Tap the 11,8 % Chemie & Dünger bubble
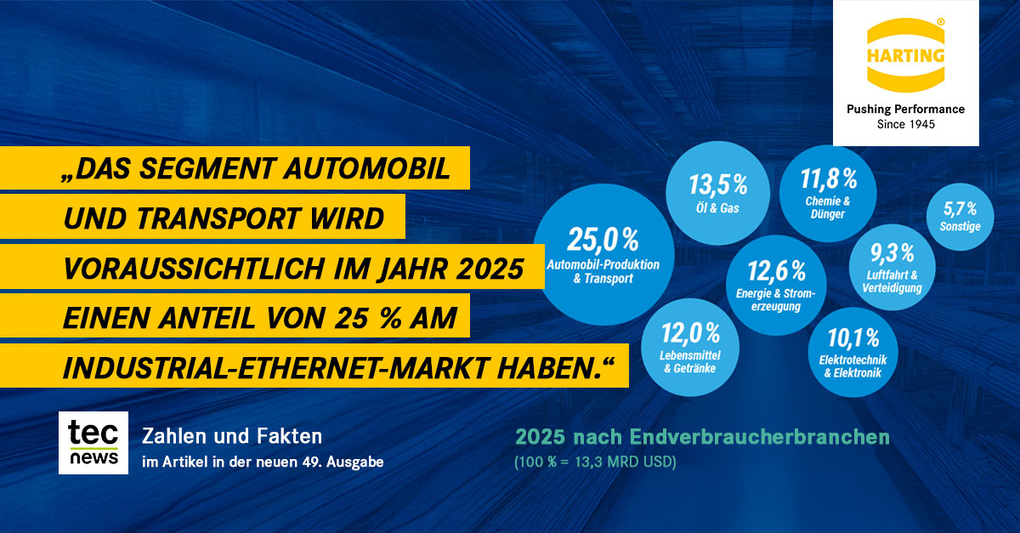tap(826, 192)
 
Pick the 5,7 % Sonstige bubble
tap(960, 216)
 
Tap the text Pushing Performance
tap(905, 109)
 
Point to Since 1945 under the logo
tap(905, 124)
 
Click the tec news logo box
tap(93, 443)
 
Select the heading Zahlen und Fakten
tap(231, 437)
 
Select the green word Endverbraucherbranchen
tap(760, 438)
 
